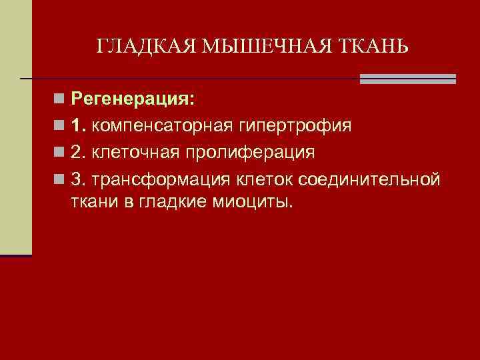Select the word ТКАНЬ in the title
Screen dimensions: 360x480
[372, 46]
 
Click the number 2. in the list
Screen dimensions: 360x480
[79, 152]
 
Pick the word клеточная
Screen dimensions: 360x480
[137, 152]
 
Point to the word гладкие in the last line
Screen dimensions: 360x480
[179, 202]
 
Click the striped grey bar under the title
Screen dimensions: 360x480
[407, 79]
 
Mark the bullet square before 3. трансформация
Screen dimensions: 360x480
[60, 179]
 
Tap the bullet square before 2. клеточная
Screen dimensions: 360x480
[60, 153]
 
